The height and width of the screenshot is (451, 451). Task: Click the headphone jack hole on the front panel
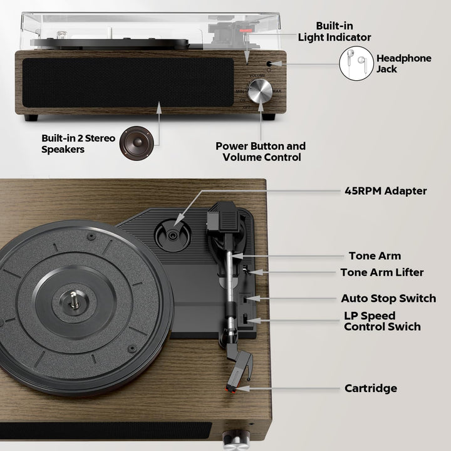click(269, 64)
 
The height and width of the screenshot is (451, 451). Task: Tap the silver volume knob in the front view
click(260, 91)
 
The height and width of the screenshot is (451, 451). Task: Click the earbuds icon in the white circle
click(356, 63)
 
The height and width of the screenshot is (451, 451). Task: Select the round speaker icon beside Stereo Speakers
click(137, 143)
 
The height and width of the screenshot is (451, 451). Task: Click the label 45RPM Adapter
click(385, 191)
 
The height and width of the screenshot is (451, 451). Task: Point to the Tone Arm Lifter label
click(382, 272)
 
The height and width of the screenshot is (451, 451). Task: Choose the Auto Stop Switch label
click(388, 298)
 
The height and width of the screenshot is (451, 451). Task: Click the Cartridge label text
click(371, 388)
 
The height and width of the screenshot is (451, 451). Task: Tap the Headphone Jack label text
click(404, 63)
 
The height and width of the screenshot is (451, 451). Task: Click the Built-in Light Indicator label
click(334, 32)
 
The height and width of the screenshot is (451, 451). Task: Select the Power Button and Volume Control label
click(261, 152)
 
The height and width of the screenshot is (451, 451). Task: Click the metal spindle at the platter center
click(74, 299)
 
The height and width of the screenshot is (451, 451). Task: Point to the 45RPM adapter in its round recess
click(172, 236)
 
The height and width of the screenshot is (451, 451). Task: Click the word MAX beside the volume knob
click(277, 91)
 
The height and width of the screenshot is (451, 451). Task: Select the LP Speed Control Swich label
click(382, 321)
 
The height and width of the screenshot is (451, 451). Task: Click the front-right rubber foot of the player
click(268, 117)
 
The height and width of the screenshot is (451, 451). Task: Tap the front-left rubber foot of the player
click(31, 118)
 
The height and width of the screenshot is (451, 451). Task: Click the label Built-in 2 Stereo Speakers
click(78, 143)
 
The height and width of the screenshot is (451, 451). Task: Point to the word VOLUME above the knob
click(257, 76)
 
